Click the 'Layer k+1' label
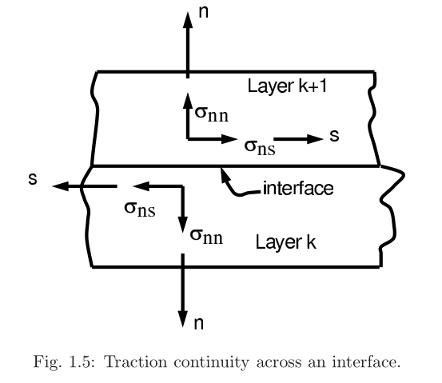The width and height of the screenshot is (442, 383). click(x=287, y=86)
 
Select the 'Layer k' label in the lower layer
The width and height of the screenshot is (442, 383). click(x=286, y=242)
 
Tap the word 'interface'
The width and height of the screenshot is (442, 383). click(x=298, y=188)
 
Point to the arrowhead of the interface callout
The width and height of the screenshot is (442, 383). click(x=223, y=174)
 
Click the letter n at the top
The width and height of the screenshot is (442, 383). click(x=204, y=12)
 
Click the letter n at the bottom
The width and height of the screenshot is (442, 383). click(x=199, y=323)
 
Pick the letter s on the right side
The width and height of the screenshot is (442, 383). click(x=334, y=136)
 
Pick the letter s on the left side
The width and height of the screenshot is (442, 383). click(x=33, y=179)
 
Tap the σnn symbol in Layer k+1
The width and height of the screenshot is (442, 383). click(x=212, y=114)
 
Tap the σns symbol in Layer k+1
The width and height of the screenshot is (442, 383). click(x=260, y=147)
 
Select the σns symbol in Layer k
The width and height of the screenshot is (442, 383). click(x=140, y=209)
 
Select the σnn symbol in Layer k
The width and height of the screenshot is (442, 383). click(x=206, y=236)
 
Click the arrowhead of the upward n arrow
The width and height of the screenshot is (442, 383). click(x=188, y=20)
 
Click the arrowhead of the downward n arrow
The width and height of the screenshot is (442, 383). click(x=183, y=319)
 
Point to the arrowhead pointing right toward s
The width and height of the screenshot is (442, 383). click(x=315, y=139)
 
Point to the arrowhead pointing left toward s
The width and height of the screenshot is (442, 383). click(x=61, y=186)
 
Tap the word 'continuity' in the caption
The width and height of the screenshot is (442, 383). click(x=211, y=363)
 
